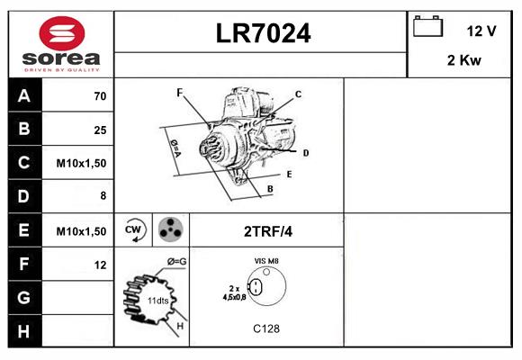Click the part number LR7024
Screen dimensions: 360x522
[262, 33]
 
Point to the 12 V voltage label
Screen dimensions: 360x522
[481, 31]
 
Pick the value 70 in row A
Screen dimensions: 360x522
[100, 96]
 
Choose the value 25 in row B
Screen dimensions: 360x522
[100, 130]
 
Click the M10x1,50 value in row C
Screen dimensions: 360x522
[81, 164]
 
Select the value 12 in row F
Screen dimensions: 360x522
[100, 265]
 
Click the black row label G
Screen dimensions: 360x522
[24, 297]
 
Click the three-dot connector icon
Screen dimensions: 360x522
[169, 230]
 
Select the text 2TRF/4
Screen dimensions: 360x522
[267, 231]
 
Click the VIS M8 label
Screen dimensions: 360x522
[266, 261]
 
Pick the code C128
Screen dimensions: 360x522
[265, 328]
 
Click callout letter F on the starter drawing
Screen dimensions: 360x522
[179, 93]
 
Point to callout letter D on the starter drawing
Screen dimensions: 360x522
[306, 153]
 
